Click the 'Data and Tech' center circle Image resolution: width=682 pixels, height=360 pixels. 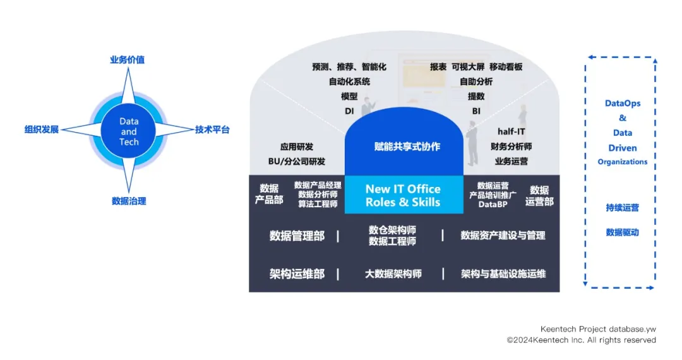pos(129,131)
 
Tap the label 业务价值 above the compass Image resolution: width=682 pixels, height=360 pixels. pos(127,60)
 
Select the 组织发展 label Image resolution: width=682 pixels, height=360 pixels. pos(42,129)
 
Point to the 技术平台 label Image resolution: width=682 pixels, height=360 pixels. pos(212,129)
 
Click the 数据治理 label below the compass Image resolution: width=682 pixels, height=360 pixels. pos(129,201)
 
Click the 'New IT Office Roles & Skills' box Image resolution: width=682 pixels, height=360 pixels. pos(403,195)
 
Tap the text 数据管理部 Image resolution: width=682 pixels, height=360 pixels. pos(297,236)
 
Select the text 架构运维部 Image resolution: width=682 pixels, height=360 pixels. pos(297,274)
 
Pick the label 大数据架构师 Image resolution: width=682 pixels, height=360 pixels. pos(393,274)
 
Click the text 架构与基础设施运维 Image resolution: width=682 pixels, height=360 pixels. pos(503,274)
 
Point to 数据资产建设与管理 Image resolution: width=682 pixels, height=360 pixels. pos(503,236)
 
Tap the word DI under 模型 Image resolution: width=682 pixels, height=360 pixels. pos(349,111)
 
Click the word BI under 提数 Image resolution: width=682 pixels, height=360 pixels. pos(476,111)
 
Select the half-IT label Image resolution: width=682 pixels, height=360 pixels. pos(512,132)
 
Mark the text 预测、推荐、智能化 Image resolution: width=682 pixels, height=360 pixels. pos(349,67)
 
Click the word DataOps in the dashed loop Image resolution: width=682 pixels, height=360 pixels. pos(623,103)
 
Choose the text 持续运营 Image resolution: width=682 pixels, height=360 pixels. pos(623,208)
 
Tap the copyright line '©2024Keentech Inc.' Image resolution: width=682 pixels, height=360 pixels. pos(581,340)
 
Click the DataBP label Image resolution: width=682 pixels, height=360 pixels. pos(493,204)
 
